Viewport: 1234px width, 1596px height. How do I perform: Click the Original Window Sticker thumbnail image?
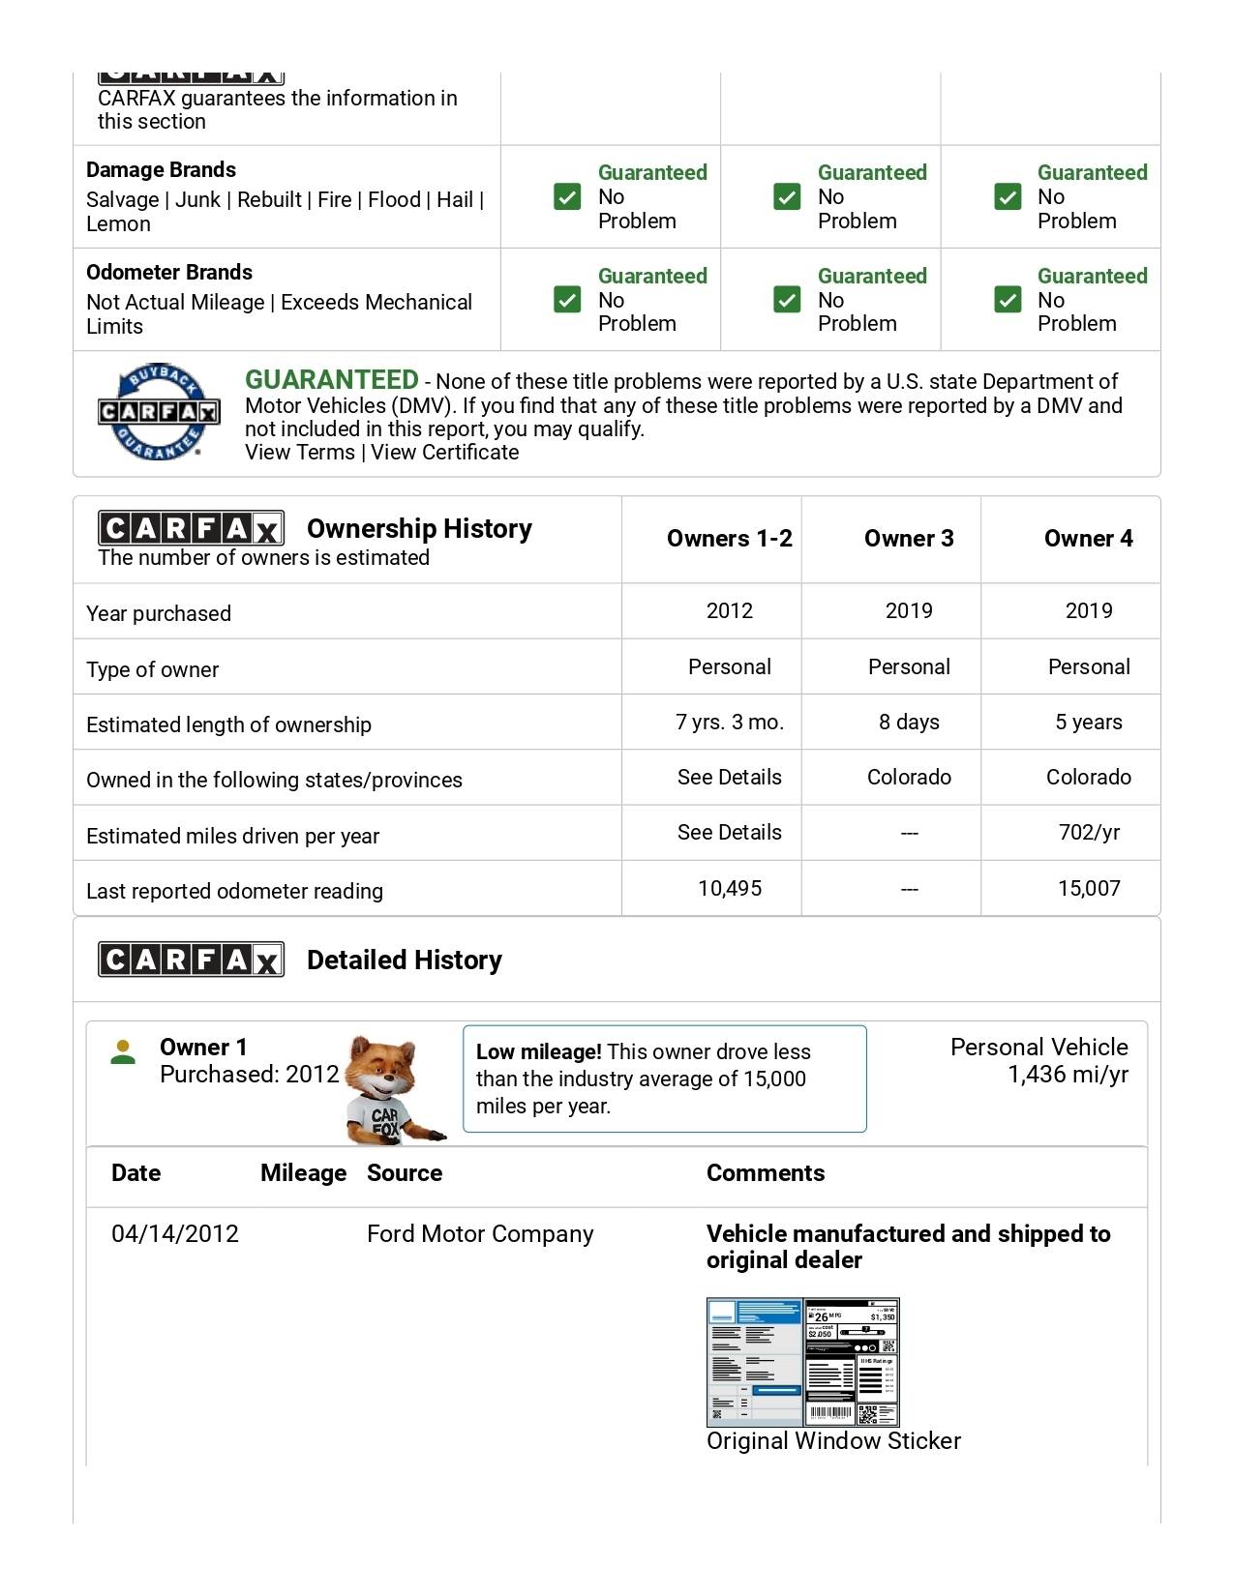coord(802,1362)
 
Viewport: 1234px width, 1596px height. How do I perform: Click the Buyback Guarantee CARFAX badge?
coord(159,412)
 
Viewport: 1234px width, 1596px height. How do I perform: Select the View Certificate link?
coord(444,453)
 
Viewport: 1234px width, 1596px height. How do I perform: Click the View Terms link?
coord(300,453)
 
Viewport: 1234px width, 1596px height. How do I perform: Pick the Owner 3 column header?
coord(908,539)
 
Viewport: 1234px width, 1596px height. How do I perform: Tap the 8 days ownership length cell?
coord(908,723)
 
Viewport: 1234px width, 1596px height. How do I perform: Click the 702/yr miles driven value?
coord(1088,833)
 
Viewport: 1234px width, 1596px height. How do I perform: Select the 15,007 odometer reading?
coord(1088,889)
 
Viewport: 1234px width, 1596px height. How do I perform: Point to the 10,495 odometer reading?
coord(729,889)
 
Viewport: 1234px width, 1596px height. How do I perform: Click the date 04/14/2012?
coord(175,1234)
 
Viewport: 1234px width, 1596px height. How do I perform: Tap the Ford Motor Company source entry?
coord(480,1234)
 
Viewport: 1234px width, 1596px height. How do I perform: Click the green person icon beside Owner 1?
coord(123,1051)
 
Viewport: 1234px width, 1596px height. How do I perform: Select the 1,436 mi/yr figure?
coord(1068,1075)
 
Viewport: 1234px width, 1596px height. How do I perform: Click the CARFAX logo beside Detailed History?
coord(191,960)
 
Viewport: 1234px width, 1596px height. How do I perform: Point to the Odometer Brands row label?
coord(169,273)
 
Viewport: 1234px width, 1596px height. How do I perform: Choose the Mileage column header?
coord(303,1173)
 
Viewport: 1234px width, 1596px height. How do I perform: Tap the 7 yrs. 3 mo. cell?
coord(729,723)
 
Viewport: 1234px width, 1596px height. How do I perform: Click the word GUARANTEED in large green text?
coord(331,380)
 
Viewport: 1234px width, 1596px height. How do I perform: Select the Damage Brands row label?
coord(161,170)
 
